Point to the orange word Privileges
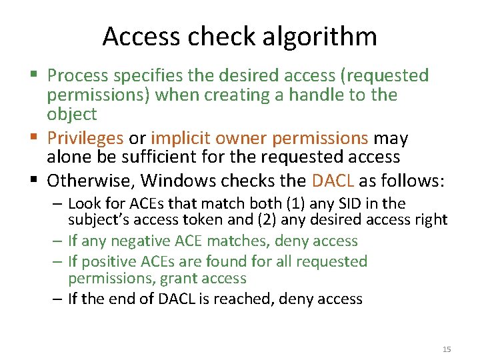[x=85, y=138]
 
